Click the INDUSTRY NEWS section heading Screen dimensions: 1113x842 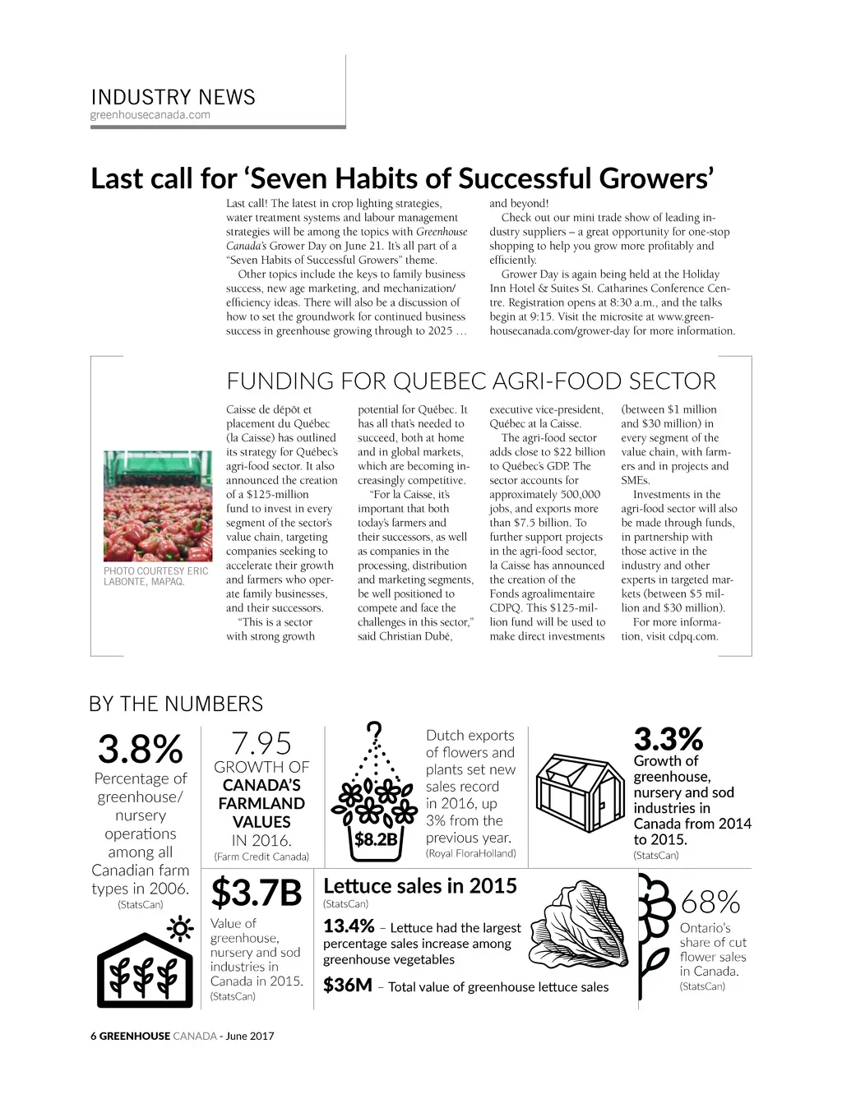173,97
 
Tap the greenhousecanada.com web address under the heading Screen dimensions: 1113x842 150,115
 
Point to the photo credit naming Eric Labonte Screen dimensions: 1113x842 156,576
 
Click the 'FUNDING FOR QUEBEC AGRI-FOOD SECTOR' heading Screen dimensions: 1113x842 471,381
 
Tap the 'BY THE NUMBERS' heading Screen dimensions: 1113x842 176,704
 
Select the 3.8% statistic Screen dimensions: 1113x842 140,749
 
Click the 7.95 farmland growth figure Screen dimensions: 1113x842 261,743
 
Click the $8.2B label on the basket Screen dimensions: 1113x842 376,839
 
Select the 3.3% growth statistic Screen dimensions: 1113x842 668,738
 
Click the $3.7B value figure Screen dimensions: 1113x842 257,893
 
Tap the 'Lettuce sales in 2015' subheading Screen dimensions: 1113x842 420,886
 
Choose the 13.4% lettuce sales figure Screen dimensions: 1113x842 349,926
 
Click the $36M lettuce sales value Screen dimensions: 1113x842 348,985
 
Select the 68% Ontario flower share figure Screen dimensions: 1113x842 710,903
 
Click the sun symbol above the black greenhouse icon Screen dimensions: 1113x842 180,929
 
